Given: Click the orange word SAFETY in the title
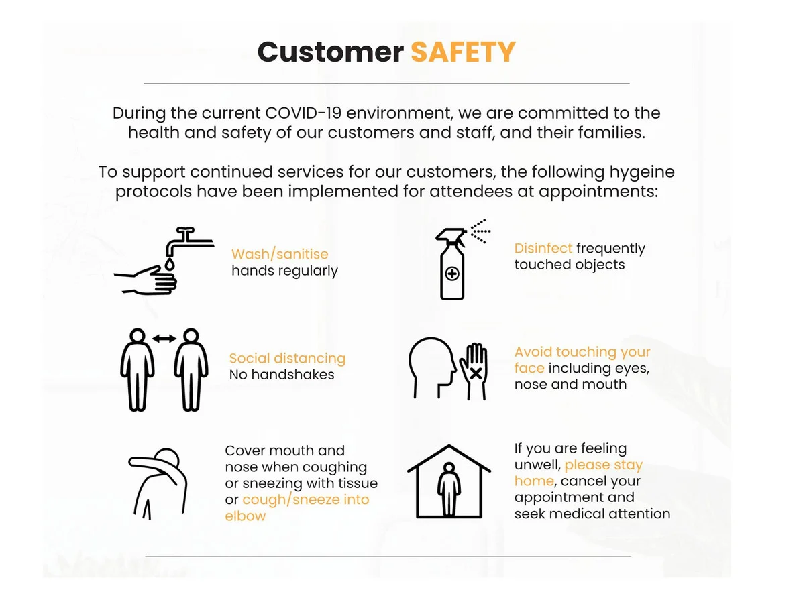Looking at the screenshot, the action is (x=463, y=52).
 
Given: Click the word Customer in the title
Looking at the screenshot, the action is (x=331, y=52).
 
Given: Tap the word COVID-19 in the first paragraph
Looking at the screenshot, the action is (x=303, y=113).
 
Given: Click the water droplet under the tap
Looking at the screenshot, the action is (x=170, y=264).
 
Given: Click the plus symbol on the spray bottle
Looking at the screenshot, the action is (x=452, y=274).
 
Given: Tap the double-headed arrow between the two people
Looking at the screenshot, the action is (x=164, y=339).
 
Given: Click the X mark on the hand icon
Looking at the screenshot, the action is (x=476, y=374).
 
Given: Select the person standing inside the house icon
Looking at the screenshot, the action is (x=449, y=489).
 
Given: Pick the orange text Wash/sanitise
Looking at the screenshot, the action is (x=280, y=254).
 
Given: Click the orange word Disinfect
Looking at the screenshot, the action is (x=543, y=248).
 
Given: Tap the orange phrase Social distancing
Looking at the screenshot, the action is (x=287, y=359).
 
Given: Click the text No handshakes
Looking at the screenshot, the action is (x=282, y=375).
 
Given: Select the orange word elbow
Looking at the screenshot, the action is (x=245, y=516).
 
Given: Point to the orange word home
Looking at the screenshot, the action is (x=534, y=481).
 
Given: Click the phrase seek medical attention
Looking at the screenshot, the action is (x=592, y=514).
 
